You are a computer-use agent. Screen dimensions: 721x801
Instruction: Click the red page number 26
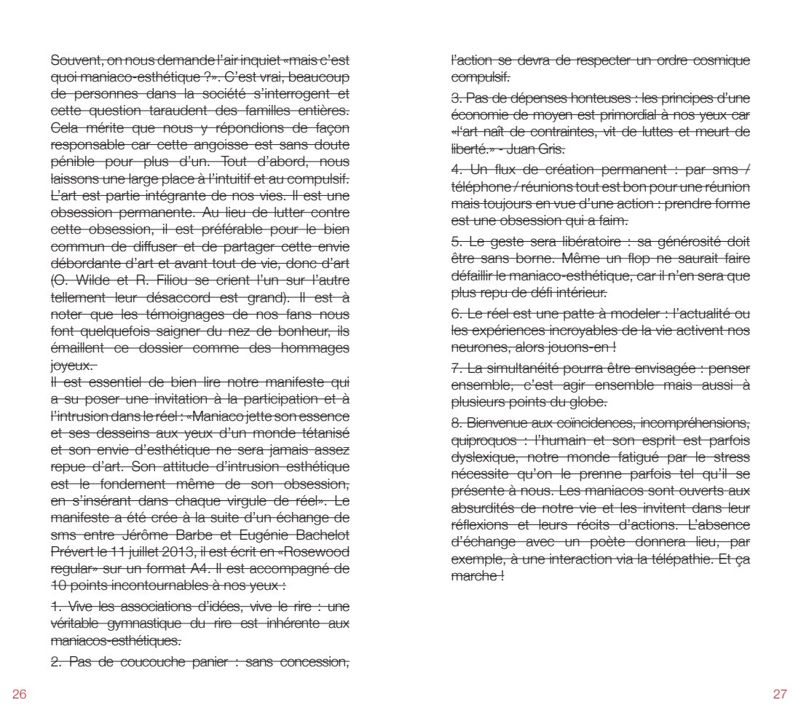point(19,693)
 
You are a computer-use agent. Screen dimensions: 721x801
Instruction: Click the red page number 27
point(780,693)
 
